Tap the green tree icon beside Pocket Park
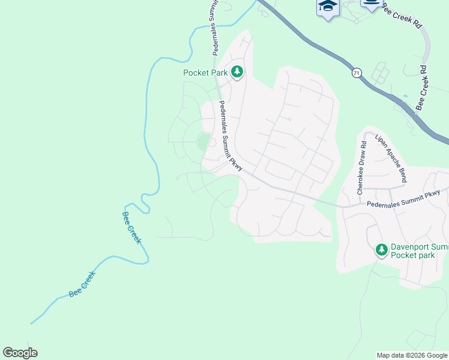click(238, 72)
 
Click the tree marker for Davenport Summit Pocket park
click(381, 249)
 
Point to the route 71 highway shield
click(357, 73)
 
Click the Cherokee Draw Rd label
click(361, 168)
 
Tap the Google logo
click(20, 353)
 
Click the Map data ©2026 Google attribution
click(412, 355)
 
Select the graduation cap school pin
click(327, 7)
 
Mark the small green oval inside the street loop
click(203, 142)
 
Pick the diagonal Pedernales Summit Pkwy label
click(231, 136)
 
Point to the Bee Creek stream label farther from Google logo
click(131, 227)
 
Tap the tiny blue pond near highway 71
click(406, 95)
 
